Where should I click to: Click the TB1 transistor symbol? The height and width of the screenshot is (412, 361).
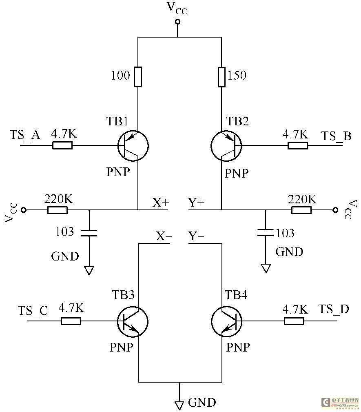133,145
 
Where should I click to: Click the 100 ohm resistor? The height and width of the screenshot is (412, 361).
138,77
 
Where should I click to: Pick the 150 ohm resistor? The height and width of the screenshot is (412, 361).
221,77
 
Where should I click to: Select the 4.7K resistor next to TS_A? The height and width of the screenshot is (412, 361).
62,145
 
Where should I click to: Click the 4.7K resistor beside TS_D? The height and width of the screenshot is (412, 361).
294,321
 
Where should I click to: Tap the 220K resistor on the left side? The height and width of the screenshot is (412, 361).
58,210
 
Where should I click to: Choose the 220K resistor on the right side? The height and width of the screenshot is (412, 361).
301,210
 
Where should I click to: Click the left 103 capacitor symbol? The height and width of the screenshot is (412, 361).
89,233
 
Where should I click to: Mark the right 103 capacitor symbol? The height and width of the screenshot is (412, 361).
266,232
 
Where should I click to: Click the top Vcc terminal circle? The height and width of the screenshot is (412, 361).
178,22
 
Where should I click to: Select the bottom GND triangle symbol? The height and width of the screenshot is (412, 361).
179,405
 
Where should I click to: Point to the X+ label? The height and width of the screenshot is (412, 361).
161,203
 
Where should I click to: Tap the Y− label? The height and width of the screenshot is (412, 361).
196,236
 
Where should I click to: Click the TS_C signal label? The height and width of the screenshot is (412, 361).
33,311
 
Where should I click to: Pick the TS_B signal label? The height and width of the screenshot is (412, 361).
336,136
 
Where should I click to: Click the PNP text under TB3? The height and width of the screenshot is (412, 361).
121,347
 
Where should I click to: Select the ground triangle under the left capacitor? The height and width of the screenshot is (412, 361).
89,271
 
